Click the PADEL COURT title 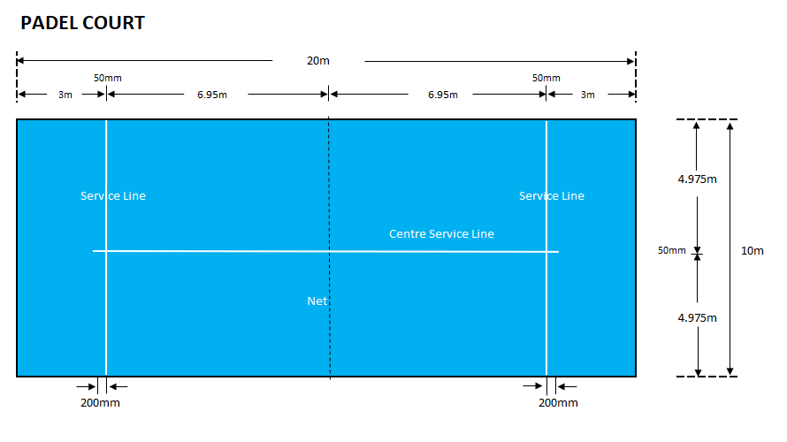(x=82, y=24)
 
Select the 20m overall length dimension (x=318, y=61)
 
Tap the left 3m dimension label (x=65, y=95)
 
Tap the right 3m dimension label (x=587, y=95)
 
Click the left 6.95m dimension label (x=212, y=95)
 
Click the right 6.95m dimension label (x=442, y=95)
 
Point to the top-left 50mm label (x=108, y=78)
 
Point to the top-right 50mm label (x=546, y=78)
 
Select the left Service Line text (x=113, y=196)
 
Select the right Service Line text (x=552, y=196)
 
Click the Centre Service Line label (x=441, y=234)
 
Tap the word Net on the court (x=317, y=301)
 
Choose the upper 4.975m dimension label (x=697, y=179)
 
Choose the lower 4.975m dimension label (x=697, y=317)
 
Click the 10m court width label (x=752, y=251)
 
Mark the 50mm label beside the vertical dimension (x=671, y=251)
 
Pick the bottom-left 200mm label (x=101, y=403)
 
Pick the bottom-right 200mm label (x=558, y=403)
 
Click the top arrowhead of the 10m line (x=730, y=125)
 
